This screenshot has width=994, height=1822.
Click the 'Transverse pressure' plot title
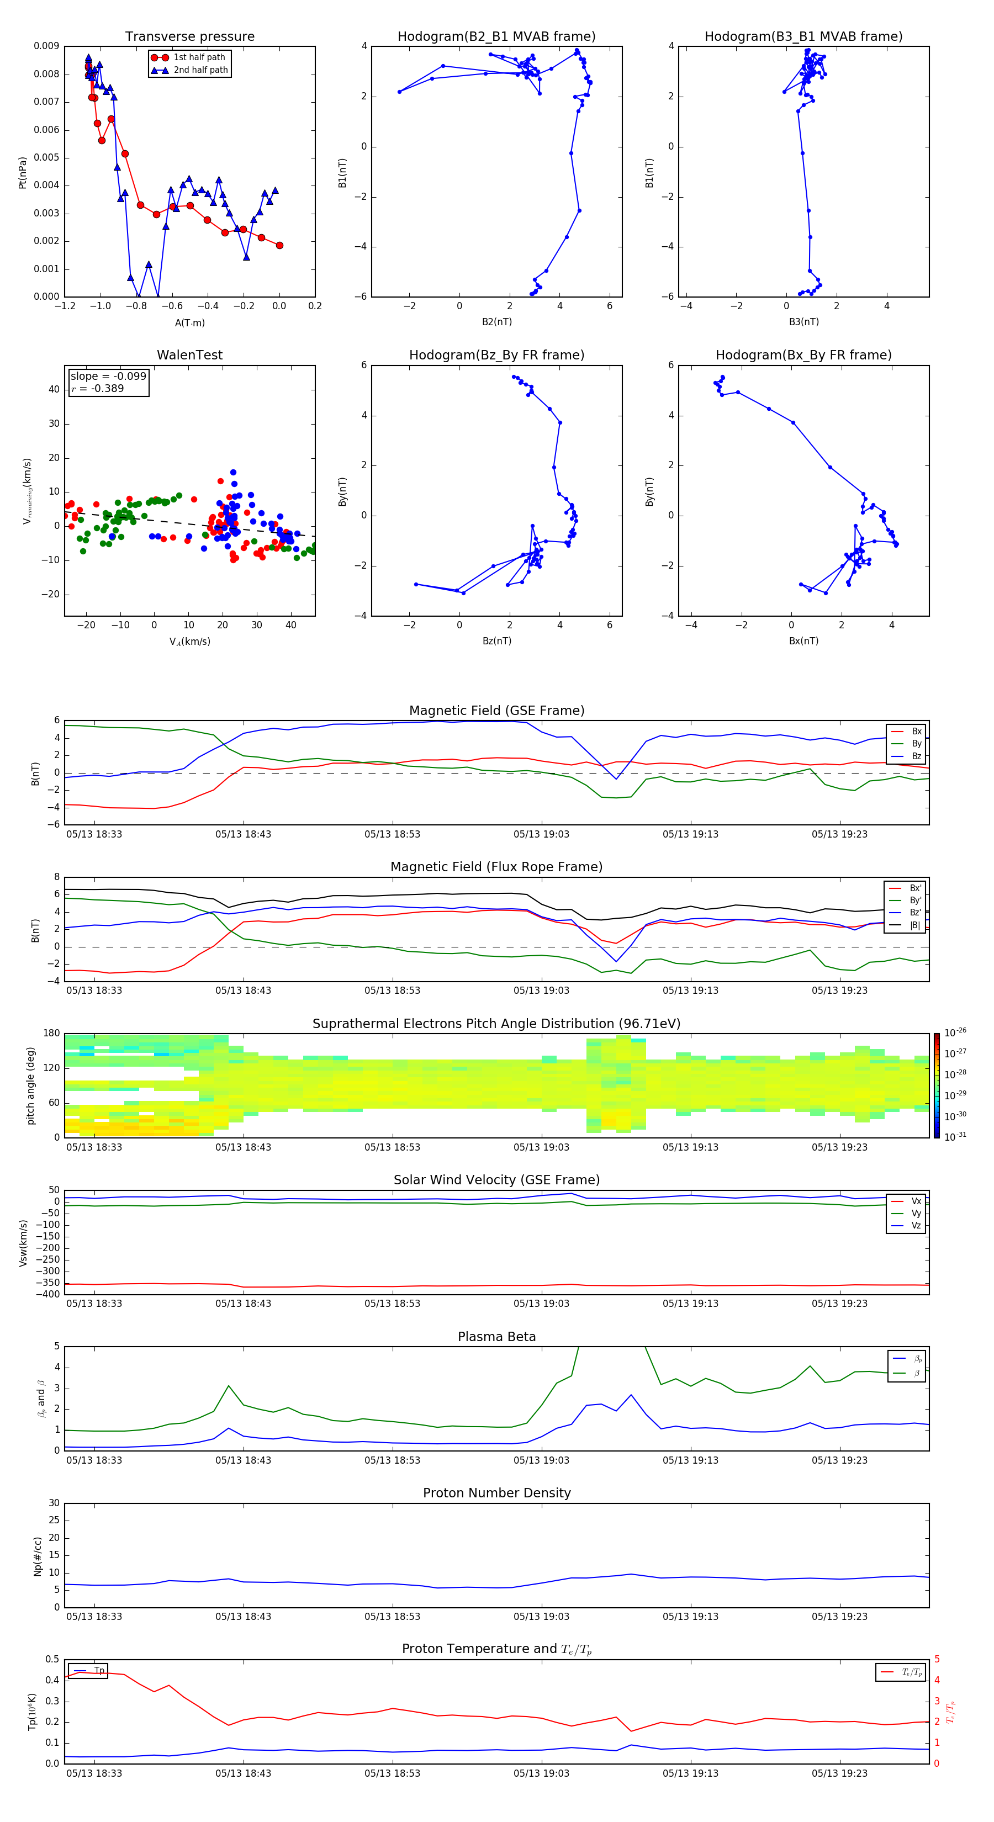pyautogui.click(x=189, y=37)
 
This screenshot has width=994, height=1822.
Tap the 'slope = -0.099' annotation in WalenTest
pyautogui.click(x=108, y=377)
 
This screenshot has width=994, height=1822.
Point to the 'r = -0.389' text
pyautogui.click(x=98, y=388)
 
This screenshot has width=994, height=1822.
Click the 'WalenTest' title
pyautogui.click(x=189, y=355)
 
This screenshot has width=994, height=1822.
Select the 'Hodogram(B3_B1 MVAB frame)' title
pyautogui.click(x=803, y=37)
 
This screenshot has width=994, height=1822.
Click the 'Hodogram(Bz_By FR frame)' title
pyautogui.click(x=496, y=355)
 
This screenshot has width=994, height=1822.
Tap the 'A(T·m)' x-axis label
pyautogui.click(x=189, y=322)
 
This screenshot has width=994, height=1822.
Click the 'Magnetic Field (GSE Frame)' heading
pyautogui.click(x=496, y=711)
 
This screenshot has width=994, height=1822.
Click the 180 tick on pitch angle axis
pyautogui.click(x=52, y=1034)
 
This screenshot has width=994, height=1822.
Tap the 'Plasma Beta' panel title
pyautogui.click(x=496, y=1337)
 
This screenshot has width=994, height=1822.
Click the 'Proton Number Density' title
pyautogui.click(x=496, y=1493)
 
